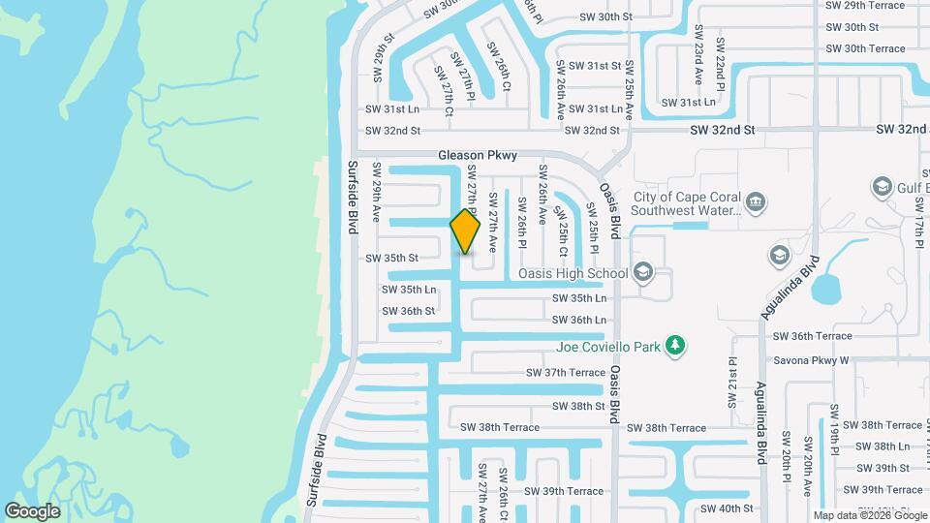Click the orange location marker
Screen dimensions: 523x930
(x=466, y=231)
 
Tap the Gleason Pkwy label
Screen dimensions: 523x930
(x=478, y=155)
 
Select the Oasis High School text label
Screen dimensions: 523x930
(x=573, y=273)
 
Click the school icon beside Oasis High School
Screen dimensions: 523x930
(x=642, y=273)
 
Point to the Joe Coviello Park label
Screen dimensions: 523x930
(x=608, y=346)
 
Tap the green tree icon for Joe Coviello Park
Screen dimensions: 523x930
(x=676, y=346)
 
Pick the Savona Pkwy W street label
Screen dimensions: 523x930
(x=811, y=360)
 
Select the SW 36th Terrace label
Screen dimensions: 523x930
(x=812, y=336)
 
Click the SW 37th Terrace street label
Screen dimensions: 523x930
(x=566, y=372)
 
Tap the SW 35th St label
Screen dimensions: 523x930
(x=391, y=259)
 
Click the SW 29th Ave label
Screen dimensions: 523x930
(x=376, y=198)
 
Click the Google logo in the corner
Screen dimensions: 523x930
(x=32, y=509)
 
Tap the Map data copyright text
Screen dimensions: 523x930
(x=870, y=515)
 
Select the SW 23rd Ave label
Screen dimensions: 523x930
(x=697, y=62)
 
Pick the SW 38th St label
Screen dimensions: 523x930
(x=579, y=407)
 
